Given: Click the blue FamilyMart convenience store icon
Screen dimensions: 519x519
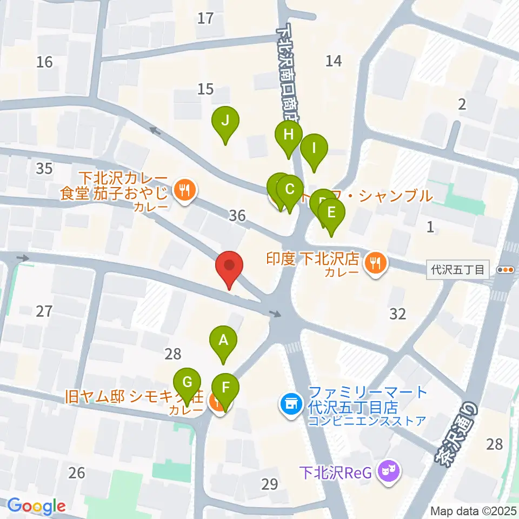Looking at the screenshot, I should click(x=290, y=403).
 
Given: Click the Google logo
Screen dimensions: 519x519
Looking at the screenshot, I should click(x=37, y=506).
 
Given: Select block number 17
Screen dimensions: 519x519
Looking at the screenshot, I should click(x=205, y=18).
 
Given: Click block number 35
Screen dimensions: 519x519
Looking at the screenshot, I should click(x=44, y=168).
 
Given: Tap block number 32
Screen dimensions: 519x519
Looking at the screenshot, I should click(x=397, y=314).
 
